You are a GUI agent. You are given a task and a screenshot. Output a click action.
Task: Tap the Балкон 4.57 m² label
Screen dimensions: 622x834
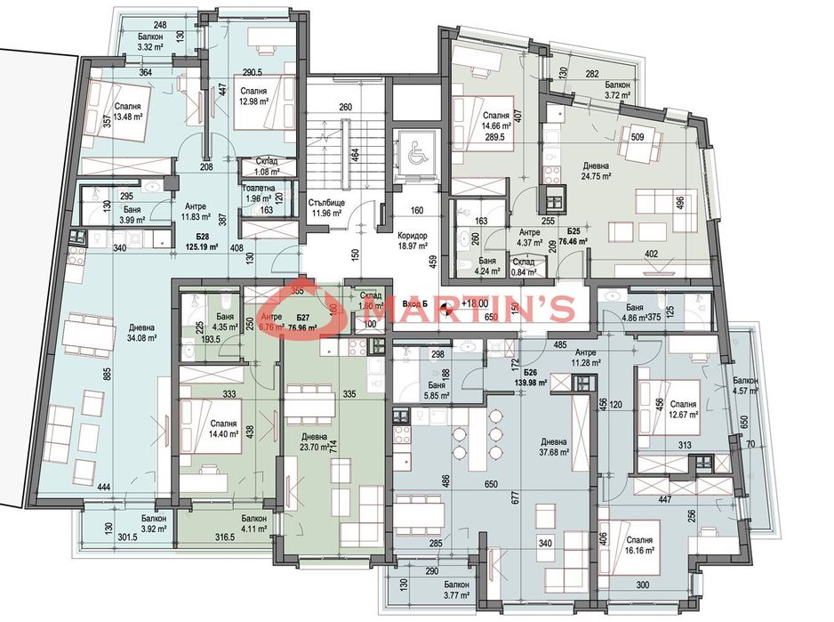pyautogui.click(x=746, y=385)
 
